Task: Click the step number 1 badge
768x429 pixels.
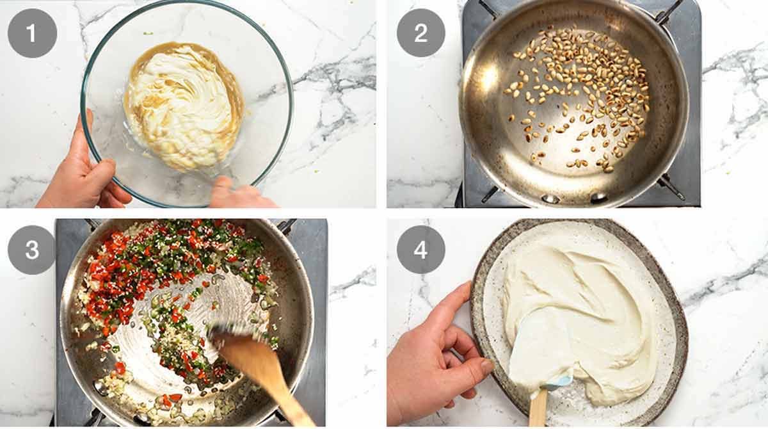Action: click(x=32, y=33)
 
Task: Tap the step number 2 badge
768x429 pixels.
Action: click(x=420, y=33)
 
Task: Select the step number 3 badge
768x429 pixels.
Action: click(x=32, y=250)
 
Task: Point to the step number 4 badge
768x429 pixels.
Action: click(x=420, y=250)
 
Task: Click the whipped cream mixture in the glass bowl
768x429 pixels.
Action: click(x=182, y=106)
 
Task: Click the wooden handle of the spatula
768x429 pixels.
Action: click(x=538, y=410)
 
